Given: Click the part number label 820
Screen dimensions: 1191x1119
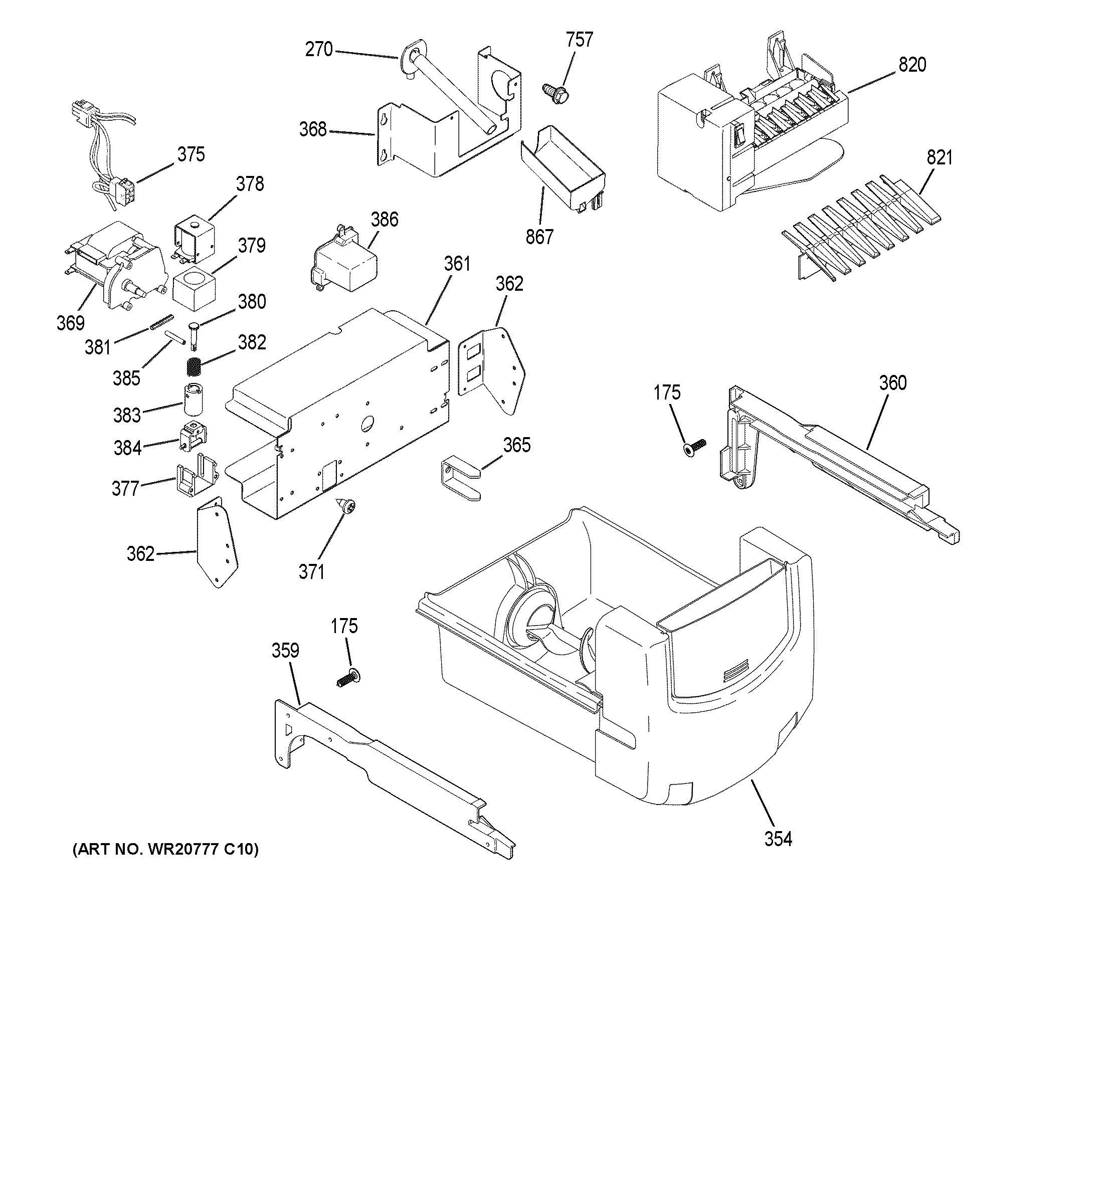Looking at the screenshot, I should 912,65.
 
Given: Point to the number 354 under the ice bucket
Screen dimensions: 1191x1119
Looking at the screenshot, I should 778,839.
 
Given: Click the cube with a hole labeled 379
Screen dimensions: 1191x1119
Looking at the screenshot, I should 194,289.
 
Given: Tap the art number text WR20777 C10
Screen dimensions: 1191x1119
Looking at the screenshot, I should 165,849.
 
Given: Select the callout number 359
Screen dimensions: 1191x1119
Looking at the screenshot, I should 285,651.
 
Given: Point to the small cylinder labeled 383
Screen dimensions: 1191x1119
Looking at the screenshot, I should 193,399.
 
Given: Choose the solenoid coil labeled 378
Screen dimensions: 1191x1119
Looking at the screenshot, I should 194,240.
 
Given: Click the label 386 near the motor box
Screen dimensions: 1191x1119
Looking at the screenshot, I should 384,220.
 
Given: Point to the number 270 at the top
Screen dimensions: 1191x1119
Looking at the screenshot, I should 319,49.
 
